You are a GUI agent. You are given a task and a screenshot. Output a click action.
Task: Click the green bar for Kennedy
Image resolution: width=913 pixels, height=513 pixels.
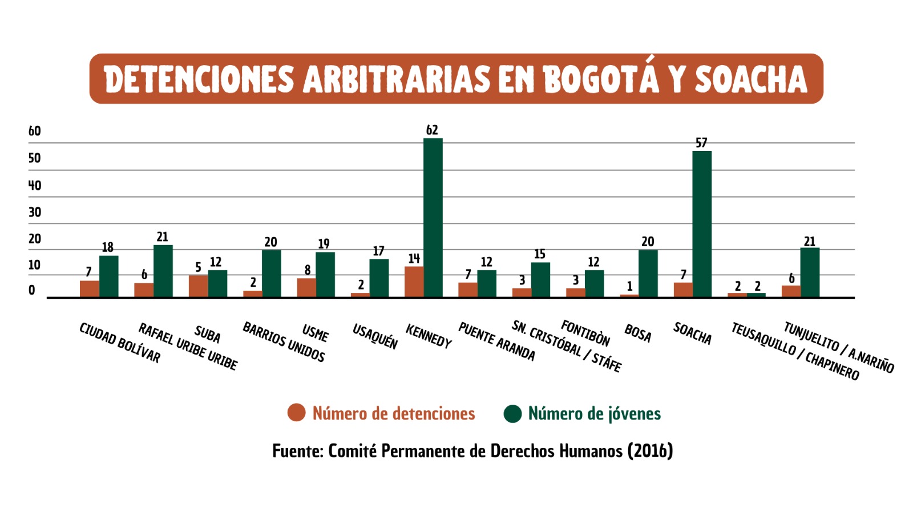[x=433, y=218]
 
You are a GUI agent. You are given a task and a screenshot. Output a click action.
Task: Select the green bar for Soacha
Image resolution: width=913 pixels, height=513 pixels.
[x=702, y=224]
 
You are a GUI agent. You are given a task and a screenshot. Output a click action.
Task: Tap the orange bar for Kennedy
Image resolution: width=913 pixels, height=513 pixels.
[x=414, y=282]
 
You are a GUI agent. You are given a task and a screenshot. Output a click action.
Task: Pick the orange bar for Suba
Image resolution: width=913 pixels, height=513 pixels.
[x=198, y=286]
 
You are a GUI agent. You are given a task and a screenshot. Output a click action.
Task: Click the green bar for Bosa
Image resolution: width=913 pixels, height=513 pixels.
[x=648, y=274]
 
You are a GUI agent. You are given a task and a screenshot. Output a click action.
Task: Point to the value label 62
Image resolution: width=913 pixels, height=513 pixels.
[x=432, y=130]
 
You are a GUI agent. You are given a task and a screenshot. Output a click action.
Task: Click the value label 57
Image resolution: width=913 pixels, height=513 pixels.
[x=701, y=143]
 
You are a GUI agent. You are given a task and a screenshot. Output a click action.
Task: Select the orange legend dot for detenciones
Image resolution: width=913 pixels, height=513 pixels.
[x=296, y=413]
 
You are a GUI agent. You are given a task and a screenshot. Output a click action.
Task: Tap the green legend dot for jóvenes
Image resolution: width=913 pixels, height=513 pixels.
[x=512, y=414]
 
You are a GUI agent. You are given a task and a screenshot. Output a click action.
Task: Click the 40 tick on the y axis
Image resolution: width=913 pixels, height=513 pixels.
[x=35, y=185]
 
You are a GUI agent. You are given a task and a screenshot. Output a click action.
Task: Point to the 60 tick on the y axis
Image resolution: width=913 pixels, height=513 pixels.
[x=35, y=131]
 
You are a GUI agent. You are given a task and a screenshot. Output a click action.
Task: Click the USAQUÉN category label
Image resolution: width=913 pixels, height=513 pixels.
[x=375, y=336]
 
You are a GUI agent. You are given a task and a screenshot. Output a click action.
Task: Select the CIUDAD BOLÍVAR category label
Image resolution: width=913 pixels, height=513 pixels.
[x=120, y=343]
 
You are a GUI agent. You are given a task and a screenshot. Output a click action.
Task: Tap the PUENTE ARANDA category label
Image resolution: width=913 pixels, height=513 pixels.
[x=496, y=341]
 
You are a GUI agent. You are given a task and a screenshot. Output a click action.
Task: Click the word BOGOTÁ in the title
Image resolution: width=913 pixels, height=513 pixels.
[x=601, y=79]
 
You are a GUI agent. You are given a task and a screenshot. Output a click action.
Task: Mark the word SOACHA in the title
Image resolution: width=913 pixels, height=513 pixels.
[x=750, y=79]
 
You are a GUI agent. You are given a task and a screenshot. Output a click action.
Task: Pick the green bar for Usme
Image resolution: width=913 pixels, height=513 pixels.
[x=325, y=275]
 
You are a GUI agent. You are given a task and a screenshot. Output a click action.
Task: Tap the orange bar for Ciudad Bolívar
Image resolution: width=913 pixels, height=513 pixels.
[x=89, y=289]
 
